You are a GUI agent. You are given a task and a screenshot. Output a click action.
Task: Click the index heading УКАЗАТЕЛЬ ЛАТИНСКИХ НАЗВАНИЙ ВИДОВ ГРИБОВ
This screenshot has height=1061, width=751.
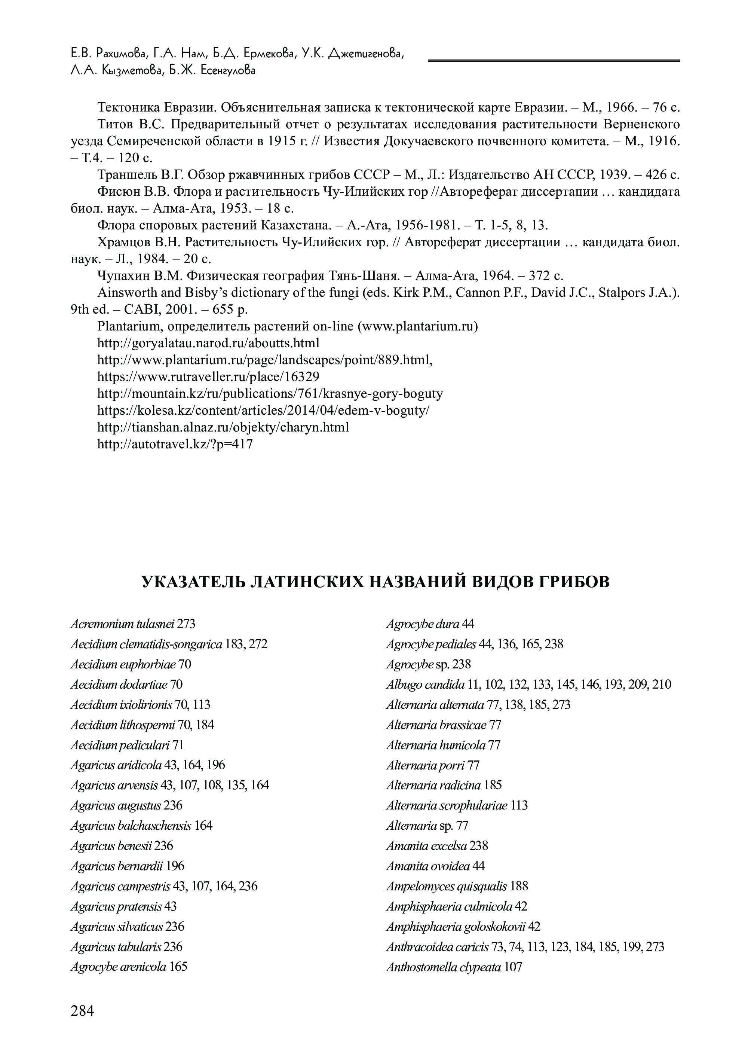375,582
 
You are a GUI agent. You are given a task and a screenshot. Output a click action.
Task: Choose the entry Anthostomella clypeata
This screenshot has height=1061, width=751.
444,967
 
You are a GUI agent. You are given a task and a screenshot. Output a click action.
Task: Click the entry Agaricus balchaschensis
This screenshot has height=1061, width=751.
131,826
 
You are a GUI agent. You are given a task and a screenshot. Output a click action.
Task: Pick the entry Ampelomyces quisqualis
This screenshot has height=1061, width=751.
447,887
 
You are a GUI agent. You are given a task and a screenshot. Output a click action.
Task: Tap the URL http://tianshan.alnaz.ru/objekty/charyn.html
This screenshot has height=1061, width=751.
223,427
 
